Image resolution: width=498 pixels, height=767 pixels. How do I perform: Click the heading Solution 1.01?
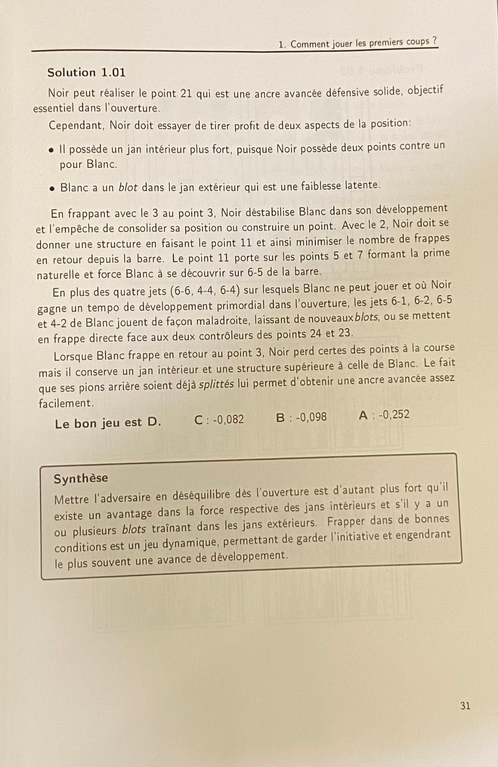point(86,73)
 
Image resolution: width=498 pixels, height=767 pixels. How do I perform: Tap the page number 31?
point(465,706)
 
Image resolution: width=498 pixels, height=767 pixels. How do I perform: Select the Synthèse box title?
point(81,478)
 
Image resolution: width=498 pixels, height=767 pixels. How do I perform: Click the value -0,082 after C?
point(228,419)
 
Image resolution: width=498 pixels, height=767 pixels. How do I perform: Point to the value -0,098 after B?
point(311,417)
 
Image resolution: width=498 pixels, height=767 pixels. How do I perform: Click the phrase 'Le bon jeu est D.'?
point(108,423)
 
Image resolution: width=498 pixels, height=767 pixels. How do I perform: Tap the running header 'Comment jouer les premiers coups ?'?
point(364,43)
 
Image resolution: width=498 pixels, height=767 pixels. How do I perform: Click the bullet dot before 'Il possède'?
point(51,149)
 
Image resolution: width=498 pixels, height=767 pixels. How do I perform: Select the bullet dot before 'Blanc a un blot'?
point(52,188)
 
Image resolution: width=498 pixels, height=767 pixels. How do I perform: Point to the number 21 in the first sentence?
point(186,93)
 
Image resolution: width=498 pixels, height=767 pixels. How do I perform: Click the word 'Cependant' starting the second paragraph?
point(76,125)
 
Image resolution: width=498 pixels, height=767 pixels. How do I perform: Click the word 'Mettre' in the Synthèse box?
point(71,499)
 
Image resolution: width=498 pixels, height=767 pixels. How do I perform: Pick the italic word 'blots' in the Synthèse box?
point(134,530)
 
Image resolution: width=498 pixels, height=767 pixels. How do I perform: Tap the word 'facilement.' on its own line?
point(65,403)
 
